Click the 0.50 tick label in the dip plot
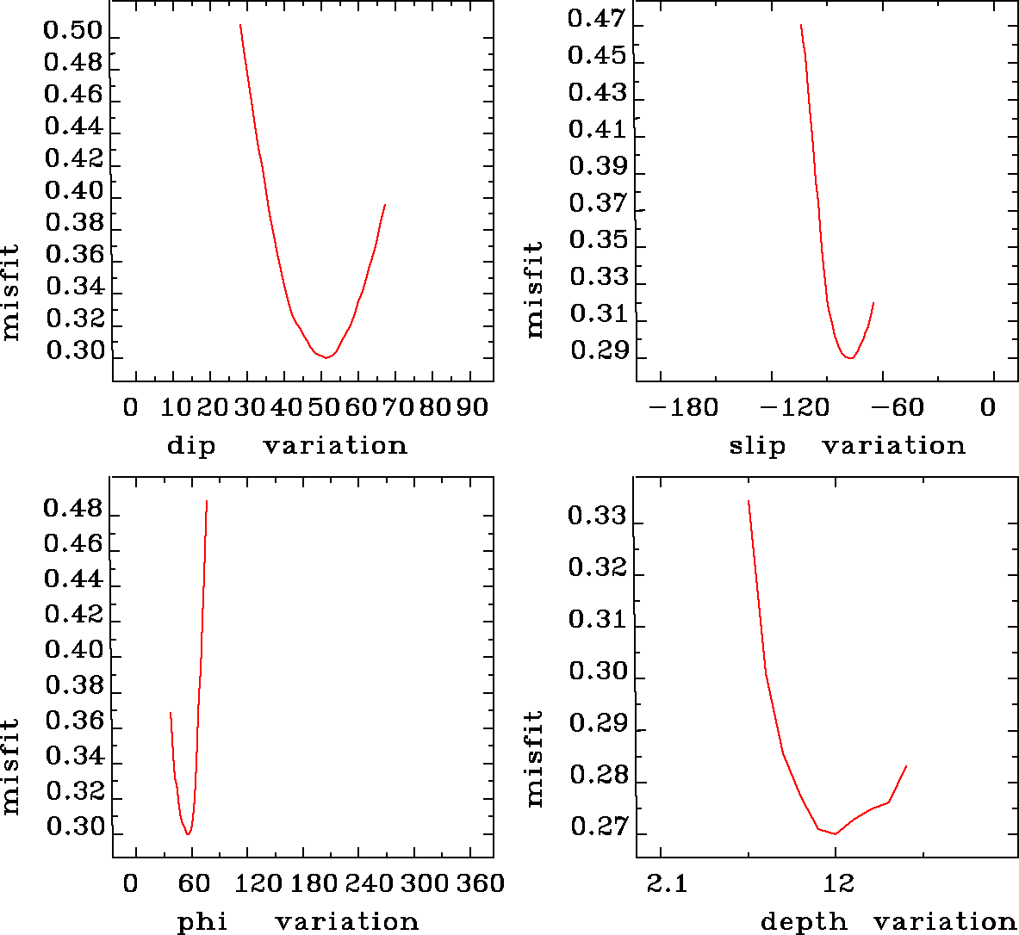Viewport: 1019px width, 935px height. pos(73,32)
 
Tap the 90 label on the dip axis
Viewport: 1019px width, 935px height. pos(472,407)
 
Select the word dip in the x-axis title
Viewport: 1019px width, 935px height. pos(191,446)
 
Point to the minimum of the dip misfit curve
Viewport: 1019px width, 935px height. pos(326,357)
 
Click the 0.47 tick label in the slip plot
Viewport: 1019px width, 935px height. pos(597,19)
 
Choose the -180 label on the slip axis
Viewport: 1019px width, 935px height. pos(682,407)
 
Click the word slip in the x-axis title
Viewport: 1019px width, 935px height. pos(757,446)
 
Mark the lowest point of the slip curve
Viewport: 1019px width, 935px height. pos(850,357)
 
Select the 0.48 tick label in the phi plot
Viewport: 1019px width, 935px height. pos(73,509)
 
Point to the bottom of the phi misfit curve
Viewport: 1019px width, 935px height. pos(188,834)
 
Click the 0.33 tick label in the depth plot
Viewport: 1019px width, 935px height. pos(597,517)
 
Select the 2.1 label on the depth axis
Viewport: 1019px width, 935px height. pos(667,883)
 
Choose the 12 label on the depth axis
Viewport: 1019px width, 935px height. pos(838,883)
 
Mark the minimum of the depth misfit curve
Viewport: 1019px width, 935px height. pos(835,833)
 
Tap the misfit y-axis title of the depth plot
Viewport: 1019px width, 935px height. pos(535,759)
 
